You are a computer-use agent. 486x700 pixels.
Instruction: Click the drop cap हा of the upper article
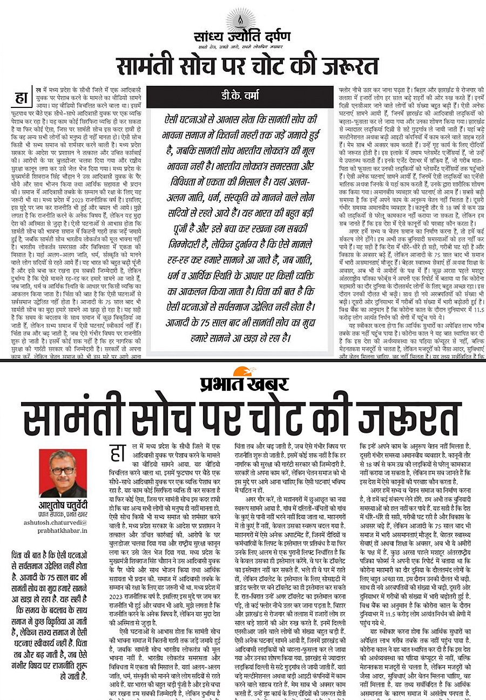(19, 98)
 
